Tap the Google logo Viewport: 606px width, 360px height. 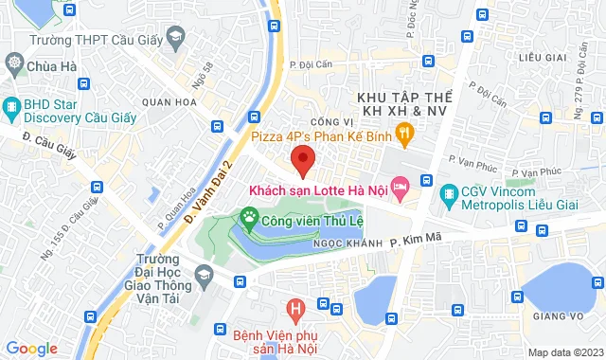click(31, 349)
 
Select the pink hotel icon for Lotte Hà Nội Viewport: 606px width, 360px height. click(400, 189)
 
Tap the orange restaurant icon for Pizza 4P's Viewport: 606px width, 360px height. click(404, 136)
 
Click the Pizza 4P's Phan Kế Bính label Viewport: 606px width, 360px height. click(322, 136)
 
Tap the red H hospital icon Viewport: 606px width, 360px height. click(296, 309)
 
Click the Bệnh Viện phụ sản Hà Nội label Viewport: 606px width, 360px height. click(295, 339)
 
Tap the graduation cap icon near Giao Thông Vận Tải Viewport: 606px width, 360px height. click(203, 276)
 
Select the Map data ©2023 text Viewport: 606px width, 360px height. click(563, 352)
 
